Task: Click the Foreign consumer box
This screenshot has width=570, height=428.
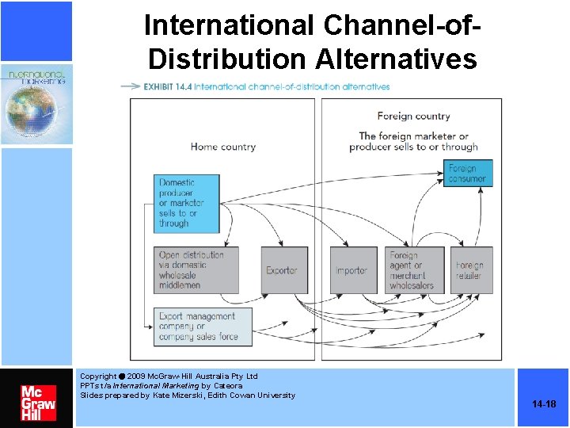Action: tap(467, 174)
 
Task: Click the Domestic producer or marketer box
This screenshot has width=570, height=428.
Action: tap(187, 204)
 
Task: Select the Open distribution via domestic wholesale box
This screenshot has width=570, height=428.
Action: tap(196, 270)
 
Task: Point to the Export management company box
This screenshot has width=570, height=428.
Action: tap(203, 326)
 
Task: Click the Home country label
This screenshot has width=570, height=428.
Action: tap(223, 147)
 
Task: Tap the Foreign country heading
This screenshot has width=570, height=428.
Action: tap(413, 116)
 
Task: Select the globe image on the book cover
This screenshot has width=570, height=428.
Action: tap(34, 112)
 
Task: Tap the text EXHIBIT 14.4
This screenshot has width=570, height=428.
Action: tap(167, 86)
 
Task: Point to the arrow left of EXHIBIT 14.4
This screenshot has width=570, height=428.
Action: tap(130, 86)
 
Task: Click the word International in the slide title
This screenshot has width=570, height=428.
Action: tap(229, 25)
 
